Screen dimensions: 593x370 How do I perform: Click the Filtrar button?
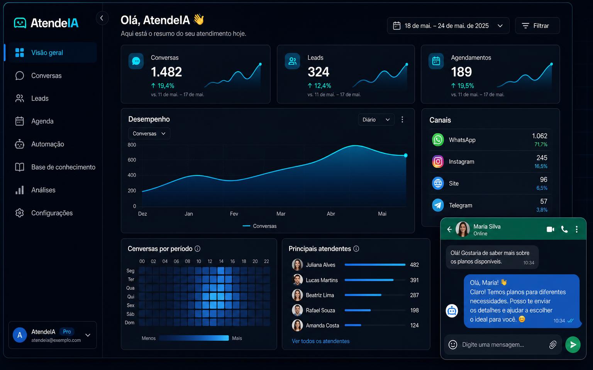[537, 26]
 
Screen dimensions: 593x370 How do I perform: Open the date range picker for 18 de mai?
[448, 26]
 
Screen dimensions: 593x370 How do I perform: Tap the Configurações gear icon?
[20, 213]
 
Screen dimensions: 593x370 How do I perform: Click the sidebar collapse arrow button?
[102, 18]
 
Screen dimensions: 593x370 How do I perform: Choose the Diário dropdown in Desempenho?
[376, 120]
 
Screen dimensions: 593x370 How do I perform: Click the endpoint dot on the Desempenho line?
[406, 155]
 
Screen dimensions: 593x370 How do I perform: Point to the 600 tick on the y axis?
[132, 160]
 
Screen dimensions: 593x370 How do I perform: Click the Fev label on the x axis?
[234, 214]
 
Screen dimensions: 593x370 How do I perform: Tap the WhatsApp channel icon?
[438, 140]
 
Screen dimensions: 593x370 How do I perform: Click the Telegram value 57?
[544, 202]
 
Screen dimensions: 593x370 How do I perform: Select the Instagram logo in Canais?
[438, 161]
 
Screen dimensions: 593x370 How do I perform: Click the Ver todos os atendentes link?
[320, 341]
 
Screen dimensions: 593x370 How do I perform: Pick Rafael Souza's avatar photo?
[297, 310]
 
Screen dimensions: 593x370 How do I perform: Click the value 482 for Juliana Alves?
[414, 264]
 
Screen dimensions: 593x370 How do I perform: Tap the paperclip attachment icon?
[553, 345]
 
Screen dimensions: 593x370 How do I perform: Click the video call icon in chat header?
[551, 229]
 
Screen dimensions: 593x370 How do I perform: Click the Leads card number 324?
[318, 72]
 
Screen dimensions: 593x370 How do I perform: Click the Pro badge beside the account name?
[67, 331]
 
